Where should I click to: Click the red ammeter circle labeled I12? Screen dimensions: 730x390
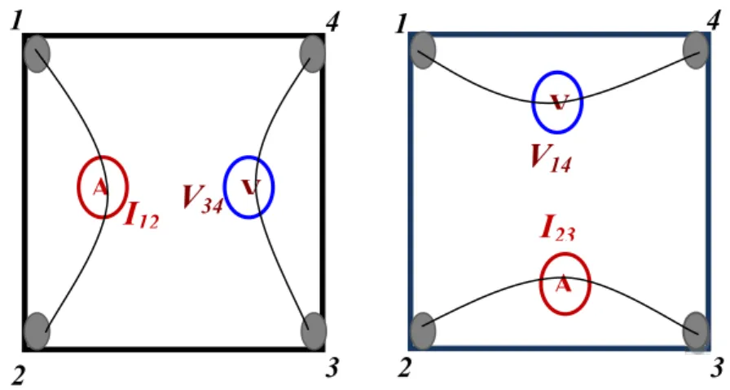(x=78, y=187)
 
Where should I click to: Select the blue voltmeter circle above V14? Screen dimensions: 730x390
(x=534, y=102)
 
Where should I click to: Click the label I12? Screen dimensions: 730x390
(x=142, y=215)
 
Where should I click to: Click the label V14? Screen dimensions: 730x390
(x=552, y=158)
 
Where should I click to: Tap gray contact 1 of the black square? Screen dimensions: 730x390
(x=37, y=54)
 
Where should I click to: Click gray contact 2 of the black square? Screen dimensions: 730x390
(x=37, y=330)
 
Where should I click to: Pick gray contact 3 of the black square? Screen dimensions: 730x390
(x=314, y=330)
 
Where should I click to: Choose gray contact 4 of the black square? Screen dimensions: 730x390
(x=312, y=54)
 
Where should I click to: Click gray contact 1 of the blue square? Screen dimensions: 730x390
(x=422, y=51)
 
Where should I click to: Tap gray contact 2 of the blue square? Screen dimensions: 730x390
(x=422, y=330)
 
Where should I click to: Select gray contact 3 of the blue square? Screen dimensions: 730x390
(x=696, y=330)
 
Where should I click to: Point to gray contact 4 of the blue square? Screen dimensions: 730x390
(x=696, y=51)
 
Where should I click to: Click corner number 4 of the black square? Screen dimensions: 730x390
(x=332, y=22)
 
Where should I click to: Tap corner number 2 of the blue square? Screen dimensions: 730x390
(x=405, y=368)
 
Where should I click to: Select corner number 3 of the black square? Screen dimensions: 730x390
(x=332, y=368)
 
